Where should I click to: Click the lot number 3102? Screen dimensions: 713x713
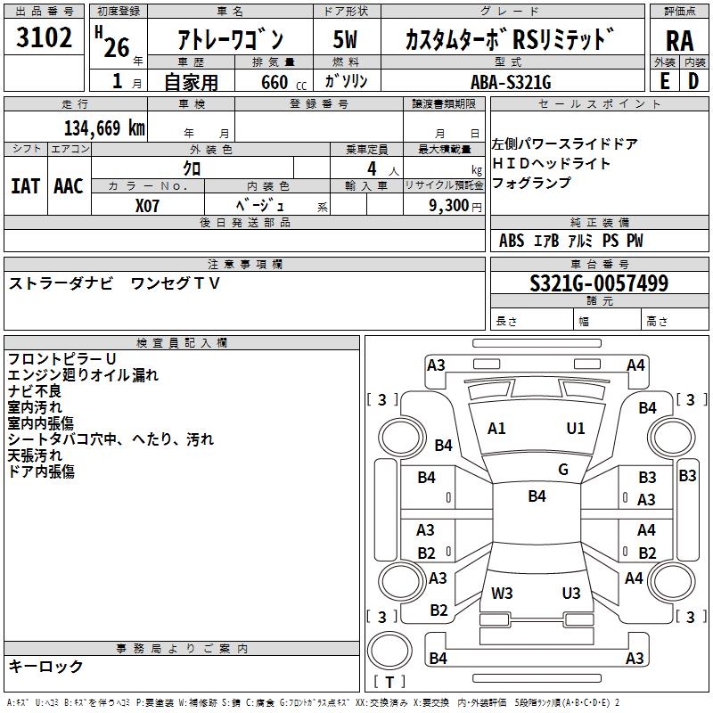45,38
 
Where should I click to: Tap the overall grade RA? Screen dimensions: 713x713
679,40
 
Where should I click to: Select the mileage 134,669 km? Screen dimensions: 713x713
104,127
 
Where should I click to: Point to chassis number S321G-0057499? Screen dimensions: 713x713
598,283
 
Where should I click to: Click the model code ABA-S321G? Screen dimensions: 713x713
512,82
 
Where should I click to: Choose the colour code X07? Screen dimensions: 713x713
148,204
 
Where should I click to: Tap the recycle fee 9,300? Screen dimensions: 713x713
449,205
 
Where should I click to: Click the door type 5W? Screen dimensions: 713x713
346,39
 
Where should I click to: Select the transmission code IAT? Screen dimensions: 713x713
26,185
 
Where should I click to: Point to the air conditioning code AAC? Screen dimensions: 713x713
69,185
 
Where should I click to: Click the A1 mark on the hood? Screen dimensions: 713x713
496,428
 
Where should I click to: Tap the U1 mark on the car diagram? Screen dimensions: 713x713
576,428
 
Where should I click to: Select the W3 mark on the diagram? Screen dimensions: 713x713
502,593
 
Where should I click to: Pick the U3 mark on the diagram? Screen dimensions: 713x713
571,593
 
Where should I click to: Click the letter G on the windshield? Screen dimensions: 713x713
563,469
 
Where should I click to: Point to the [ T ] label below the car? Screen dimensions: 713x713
389,682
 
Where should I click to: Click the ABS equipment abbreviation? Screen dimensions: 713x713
512,241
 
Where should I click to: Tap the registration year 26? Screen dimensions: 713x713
117,47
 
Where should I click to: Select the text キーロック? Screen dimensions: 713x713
46,666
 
